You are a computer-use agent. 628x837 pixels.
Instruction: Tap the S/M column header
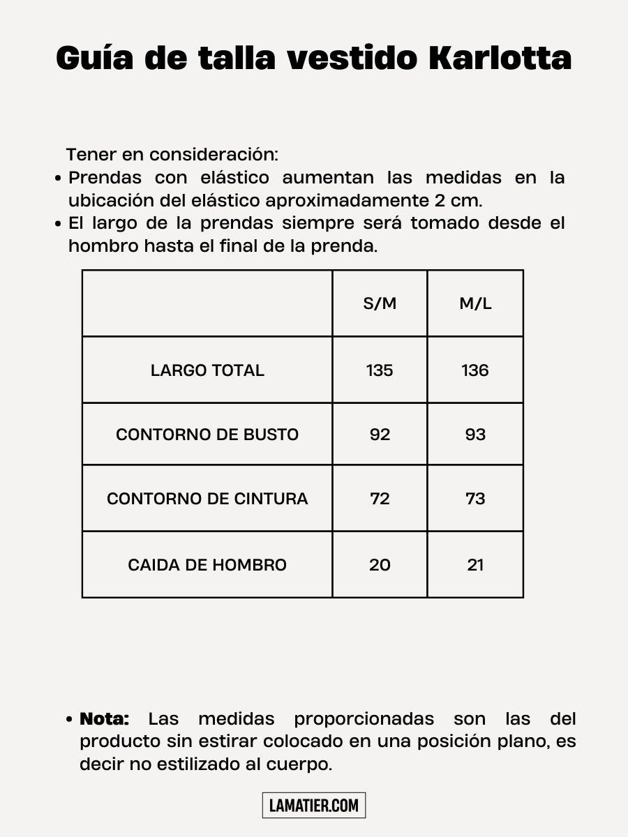(x=380, y=303)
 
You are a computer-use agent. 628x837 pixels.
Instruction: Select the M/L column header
(x=475, y=303)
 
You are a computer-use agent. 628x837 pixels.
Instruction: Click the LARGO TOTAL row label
(x=207, y=370)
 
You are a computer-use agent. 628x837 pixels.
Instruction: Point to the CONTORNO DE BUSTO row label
(x=207, y=435)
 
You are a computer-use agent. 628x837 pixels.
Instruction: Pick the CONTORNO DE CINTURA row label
(x=207, y=499)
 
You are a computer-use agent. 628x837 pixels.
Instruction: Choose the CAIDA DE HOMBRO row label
(x=207, y=565)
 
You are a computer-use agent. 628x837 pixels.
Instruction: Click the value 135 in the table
(x=380, y=370)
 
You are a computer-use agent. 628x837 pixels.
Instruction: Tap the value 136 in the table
(x=475, y=370)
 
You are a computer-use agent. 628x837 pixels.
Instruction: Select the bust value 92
(x=380, y=435)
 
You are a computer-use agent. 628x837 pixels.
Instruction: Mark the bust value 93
(x=475, y=435)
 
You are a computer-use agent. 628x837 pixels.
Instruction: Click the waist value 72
(x=380, y=499)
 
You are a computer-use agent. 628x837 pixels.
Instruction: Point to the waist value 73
(x=475, y=499)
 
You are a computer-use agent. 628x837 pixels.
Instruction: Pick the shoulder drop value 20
(x=380, y=565)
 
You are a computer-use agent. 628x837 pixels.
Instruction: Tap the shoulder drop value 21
(x=475, y=565)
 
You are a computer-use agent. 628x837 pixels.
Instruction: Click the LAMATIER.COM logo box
(x=314, y=806)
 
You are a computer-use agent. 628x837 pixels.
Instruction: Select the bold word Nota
(x=105, y=719)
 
